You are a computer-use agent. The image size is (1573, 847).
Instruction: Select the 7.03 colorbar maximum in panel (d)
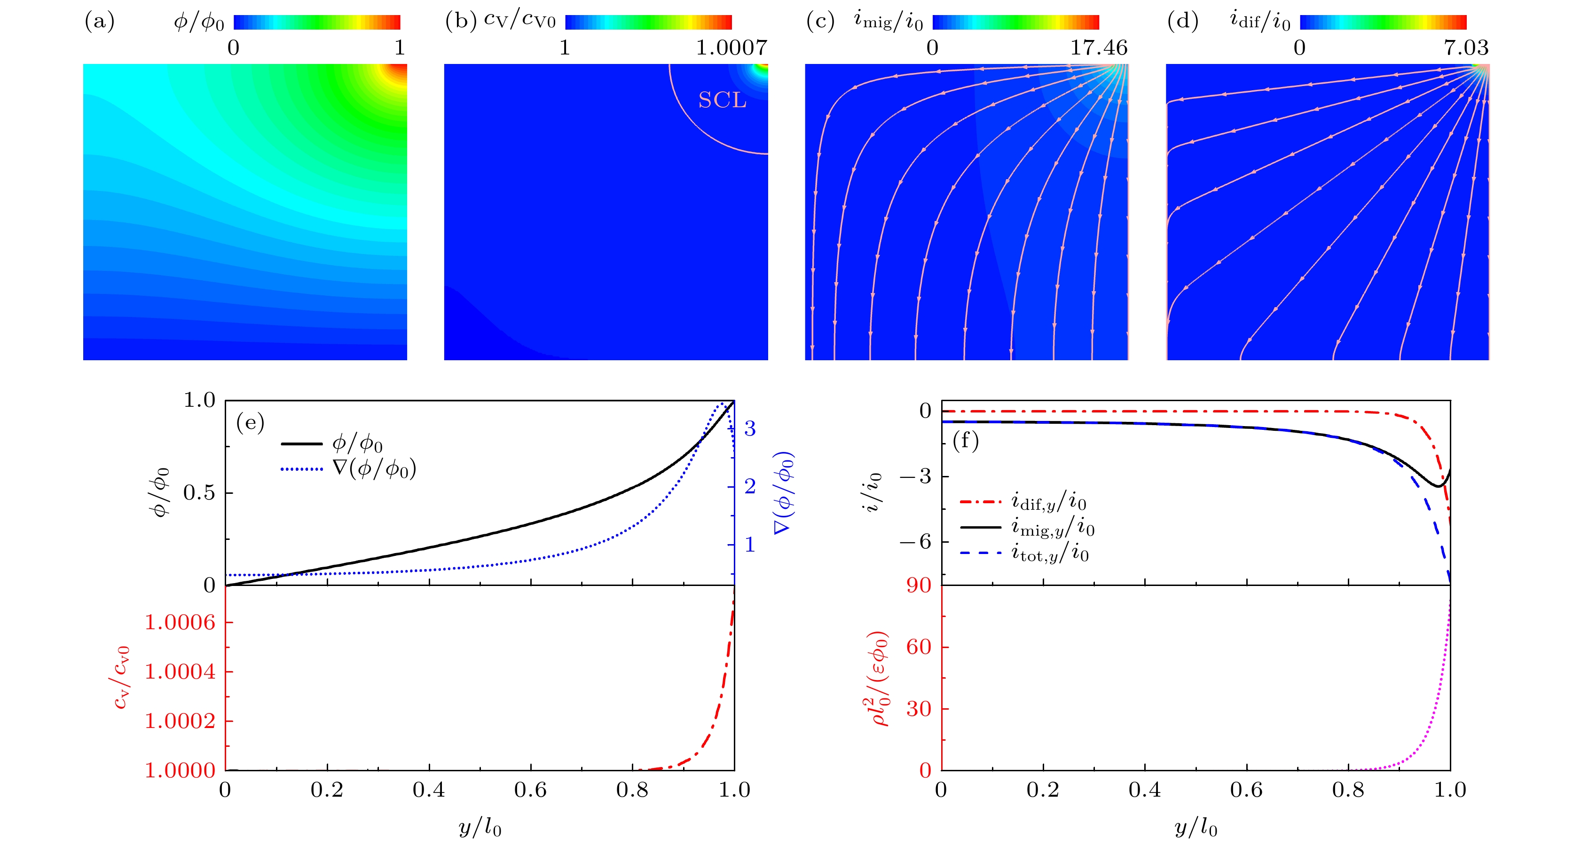(1465, 47)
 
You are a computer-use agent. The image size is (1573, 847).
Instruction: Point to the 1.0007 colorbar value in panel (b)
(731, 47)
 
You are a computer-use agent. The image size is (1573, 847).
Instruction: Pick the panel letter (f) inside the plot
(966, 440)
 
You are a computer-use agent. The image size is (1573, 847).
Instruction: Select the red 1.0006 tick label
(180, 622)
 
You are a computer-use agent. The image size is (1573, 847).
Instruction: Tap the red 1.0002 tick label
(180, 721)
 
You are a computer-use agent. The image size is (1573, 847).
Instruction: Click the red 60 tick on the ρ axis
(919, 647)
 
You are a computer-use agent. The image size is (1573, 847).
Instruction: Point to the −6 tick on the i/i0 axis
(915, 542)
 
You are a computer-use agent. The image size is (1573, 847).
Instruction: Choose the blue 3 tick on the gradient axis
(750, 429)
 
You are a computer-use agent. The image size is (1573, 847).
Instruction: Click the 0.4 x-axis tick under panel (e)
(429, 790)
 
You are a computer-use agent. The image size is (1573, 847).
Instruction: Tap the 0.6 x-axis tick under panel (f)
(1246, 790)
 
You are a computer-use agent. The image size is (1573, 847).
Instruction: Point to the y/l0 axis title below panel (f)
(1195, 828)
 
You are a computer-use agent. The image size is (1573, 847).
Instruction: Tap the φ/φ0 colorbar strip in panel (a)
(317, 23)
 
